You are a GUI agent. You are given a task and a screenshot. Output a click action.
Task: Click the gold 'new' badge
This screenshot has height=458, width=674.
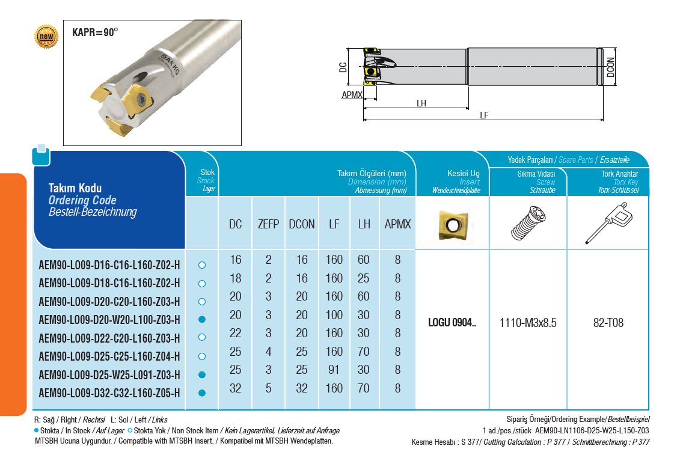tap(46, 37)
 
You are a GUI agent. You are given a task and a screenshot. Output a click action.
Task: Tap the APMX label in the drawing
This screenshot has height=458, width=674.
tap(351, 95)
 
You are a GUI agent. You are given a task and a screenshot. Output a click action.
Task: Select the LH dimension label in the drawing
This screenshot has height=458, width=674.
tap(421, 103)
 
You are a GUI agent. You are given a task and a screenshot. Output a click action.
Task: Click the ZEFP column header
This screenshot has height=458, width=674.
tap(268, 224)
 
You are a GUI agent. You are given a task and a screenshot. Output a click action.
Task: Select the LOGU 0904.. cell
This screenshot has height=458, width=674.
tap(452, 323)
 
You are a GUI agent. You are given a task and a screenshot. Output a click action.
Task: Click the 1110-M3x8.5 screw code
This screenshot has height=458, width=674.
tap(528, 323)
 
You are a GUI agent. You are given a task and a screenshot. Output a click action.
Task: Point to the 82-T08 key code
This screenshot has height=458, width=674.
tap(608, 323)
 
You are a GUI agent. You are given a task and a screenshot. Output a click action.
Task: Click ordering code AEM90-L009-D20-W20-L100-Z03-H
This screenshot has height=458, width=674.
tap(109, 320)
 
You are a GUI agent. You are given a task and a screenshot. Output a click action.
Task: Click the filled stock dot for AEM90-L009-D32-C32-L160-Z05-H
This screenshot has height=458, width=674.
tap(202, 393)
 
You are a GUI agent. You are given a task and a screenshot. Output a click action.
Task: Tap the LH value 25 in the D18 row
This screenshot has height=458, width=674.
tap(364, 279)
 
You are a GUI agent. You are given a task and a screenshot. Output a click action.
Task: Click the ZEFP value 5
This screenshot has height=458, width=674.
tap(268, 388)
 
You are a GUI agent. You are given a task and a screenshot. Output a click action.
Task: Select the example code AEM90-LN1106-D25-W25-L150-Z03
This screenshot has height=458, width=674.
tap(591, 430)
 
